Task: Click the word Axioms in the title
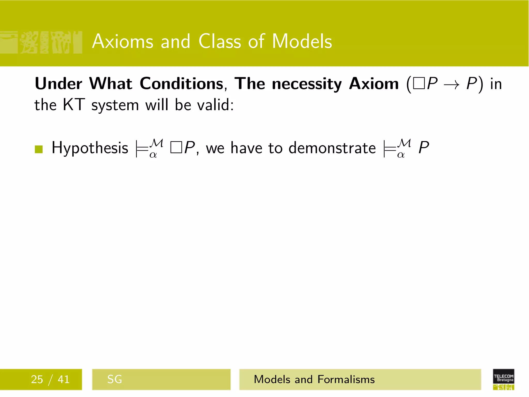(123, 41)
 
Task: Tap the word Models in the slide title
(302, 41)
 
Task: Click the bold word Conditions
(182, 84)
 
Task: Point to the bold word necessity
(307, 84)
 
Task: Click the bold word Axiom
(374, 84)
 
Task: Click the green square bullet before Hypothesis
(39, 149)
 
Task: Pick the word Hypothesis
(90, 148)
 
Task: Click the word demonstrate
(332, 148)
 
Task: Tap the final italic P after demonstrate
(424, 148)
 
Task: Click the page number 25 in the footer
(37, 379)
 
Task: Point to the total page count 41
(64, 379)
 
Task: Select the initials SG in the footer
(114, 379)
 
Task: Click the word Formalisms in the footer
(346, 379)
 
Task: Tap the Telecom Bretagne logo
(503, 379)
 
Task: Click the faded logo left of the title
(41, 42)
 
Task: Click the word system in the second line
(115, 105)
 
